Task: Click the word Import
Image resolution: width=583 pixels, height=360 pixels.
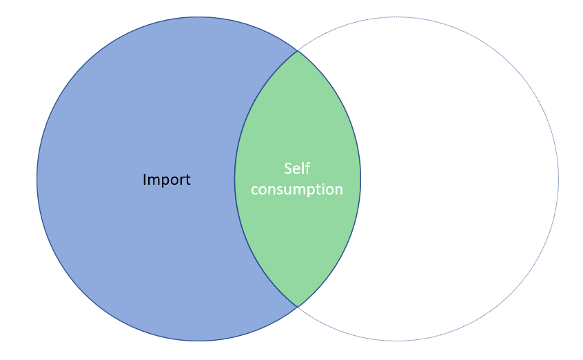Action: pos(167,180)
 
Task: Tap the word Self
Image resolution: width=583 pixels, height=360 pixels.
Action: pos(297,168)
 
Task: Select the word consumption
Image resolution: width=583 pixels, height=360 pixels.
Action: pos(297,190)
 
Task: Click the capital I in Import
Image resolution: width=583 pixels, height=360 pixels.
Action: pos(145,179)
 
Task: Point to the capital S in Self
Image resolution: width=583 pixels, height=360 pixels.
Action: pos(288,169)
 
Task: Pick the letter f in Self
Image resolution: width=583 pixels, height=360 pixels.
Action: pos(307,168)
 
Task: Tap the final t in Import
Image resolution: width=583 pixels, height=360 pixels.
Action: pos(187,180)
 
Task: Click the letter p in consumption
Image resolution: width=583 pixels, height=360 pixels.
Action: pos(318,190)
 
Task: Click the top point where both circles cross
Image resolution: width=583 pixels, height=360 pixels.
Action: pos(298,50)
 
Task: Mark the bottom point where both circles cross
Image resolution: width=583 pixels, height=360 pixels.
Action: pos(298,307)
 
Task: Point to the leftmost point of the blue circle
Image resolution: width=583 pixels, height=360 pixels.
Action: pos(37,179)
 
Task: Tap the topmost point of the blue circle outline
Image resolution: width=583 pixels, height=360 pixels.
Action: pos(198,17)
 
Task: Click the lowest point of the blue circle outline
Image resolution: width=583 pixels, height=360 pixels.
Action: pos(198,341)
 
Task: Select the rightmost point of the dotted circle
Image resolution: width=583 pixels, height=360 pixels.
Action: pos(558,179)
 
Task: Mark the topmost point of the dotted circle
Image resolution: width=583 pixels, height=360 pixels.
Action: pos(397,17)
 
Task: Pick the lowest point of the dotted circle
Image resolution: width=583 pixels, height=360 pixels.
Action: pos(397,341)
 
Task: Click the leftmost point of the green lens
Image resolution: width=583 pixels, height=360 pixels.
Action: pos(234,179)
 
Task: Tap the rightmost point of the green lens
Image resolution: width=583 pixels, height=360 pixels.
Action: pos(360,179)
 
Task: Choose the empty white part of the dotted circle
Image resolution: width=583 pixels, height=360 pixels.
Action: pos(459,179)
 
